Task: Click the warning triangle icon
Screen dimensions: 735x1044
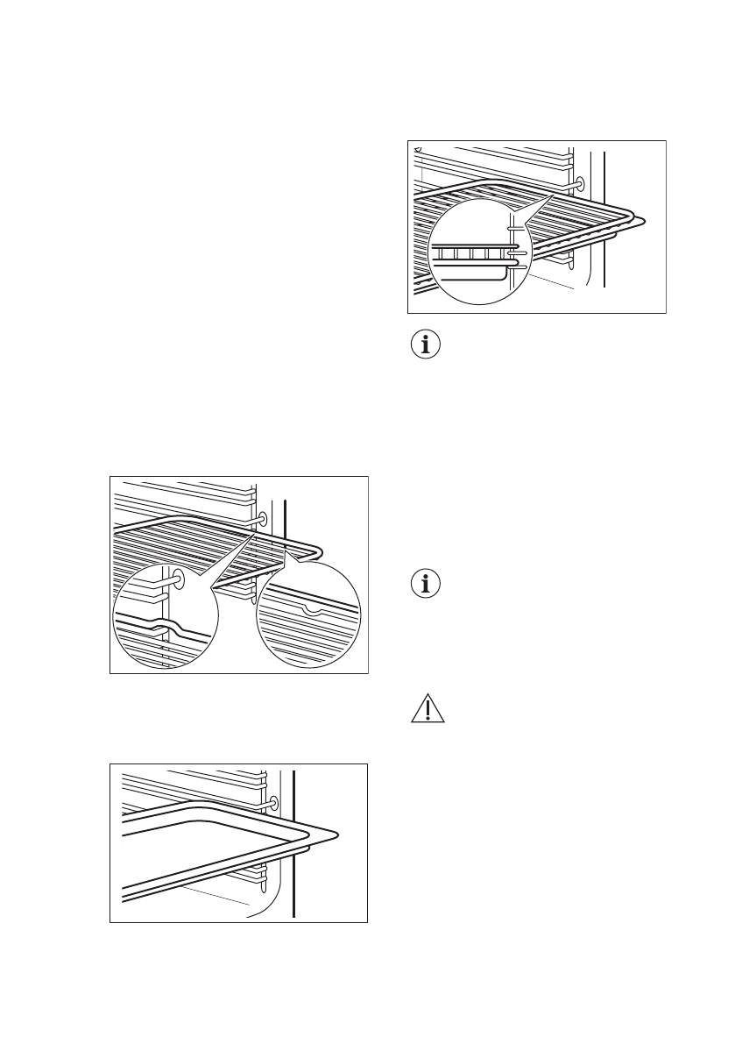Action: click(x=428, y=709)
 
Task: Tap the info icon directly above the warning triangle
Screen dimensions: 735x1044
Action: click(x=428, y=584)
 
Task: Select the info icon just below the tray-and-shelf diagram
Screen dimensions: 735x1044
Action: click(x=428, y=344)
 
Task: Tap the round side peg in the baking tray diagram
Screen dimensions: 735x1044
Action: click(x=275, y=802)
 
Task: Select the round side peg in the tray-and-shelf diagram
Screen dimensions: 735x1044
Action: click(x=580, y=184)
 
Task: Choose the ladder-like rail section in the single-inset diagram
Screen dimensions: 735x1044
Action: click(x=473, y=253)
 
